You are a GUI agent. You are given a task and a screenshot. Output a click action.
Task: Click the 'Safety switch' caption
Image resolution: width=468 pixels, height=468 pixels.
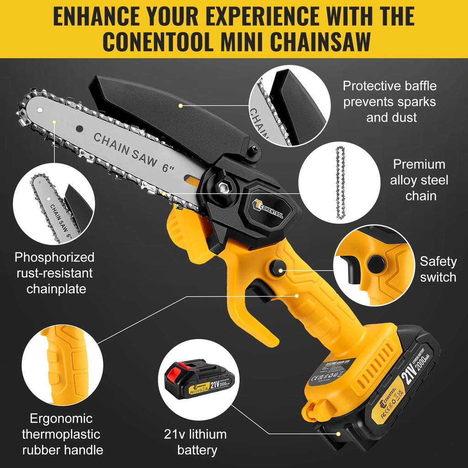point(438,269)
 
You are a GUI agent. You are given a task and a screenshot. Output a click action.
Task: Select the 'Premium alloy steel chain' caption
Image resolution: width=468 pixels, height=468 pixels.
point(419,180)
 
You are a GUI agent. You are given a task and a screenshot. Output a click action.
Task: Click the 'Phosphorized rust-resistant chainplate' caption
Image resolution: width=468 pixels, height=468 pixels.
point(54,273)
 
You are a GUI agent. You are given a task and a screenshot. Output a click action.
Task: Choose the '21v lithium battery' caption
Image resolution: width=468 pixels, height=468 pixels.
point(195,442)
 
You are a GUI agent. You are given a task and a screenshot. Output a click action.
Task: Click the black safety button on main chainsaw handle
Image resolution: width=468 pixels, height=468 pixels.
point(277,268)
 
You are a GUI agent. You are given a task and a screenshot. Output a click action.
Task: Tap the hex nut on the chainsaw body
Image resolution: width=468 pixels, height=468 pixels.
point(223,186)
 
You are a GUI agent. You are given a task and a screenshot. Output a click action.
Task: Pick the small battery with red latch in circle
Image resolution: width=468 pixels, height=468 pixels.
point(196,379)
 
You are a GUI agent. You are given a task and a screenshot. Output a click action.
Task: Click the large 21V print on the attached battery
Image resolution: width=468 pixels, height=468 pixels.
point(408,372)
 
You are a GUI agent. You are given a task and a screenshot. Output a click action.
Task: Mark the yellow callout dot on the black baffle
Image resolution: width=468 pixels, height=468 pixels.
point(181,106)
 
